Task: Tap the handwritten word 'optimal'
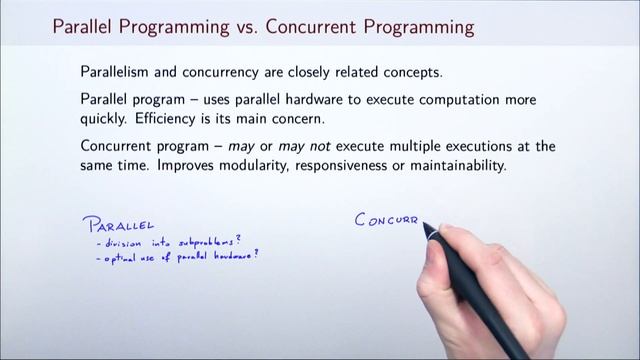pos(112,257)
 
